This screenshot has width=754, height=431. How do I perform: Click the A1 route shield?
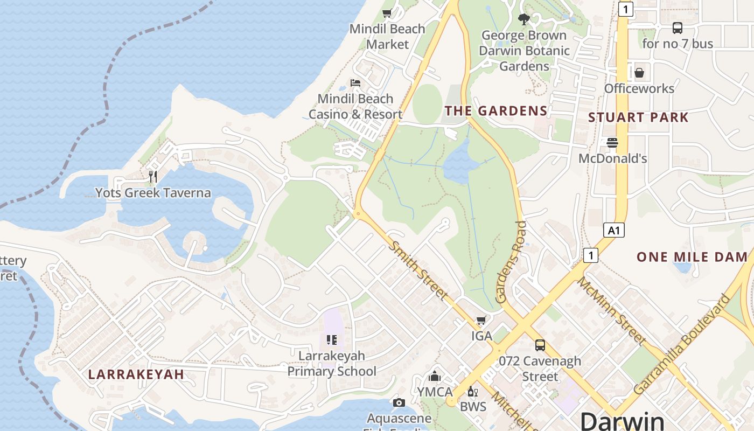click(614, 231)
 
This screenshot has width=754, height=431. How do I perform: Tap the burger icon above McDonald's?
click(612, 143)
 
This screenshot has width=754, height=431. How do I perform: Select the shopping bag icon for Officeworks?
click(639, 72)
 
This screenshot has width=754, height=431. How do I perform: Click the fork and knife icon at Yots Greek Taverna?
click(153, 176)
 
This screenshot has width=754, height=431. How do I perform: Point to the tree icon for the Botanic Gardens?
click(523, 20)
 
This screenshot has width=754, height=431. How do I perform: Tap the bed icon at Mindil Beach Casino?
click(355, 83)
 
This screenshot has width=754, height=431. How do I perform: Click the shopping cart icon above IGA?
click(481, 321)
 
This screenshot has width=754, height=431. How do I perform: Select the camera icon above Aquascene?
click(399, 402)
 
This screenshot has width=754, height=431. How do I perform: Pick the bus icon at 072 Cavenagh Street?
click(540, 345)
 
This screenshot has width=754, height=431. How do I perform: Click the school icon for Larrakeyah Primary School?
click(332, 340)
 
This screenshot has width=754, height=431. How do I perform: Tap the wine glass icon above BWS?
click(473, 391)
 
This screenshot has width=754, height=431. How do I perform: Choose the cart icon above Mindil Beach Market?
click(387, 13)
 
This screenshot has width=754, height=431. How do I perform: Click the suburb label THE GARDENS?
click(496, 111)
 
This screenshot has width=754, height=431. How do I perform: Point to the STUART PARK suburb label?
click(638, 117)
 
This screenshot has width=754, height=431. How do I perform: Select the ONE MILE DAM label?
click(692, 257)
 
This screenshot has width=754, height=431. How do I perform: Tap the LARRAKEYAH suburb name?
click(136, 374)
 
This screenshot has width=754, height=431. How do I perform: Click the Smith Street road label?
click(418, 270)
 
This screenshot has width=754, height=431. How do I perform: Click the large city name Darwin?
click(623, 421)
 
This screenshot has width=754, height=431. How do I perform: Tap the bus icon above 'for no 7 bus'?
click(678, 28)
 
